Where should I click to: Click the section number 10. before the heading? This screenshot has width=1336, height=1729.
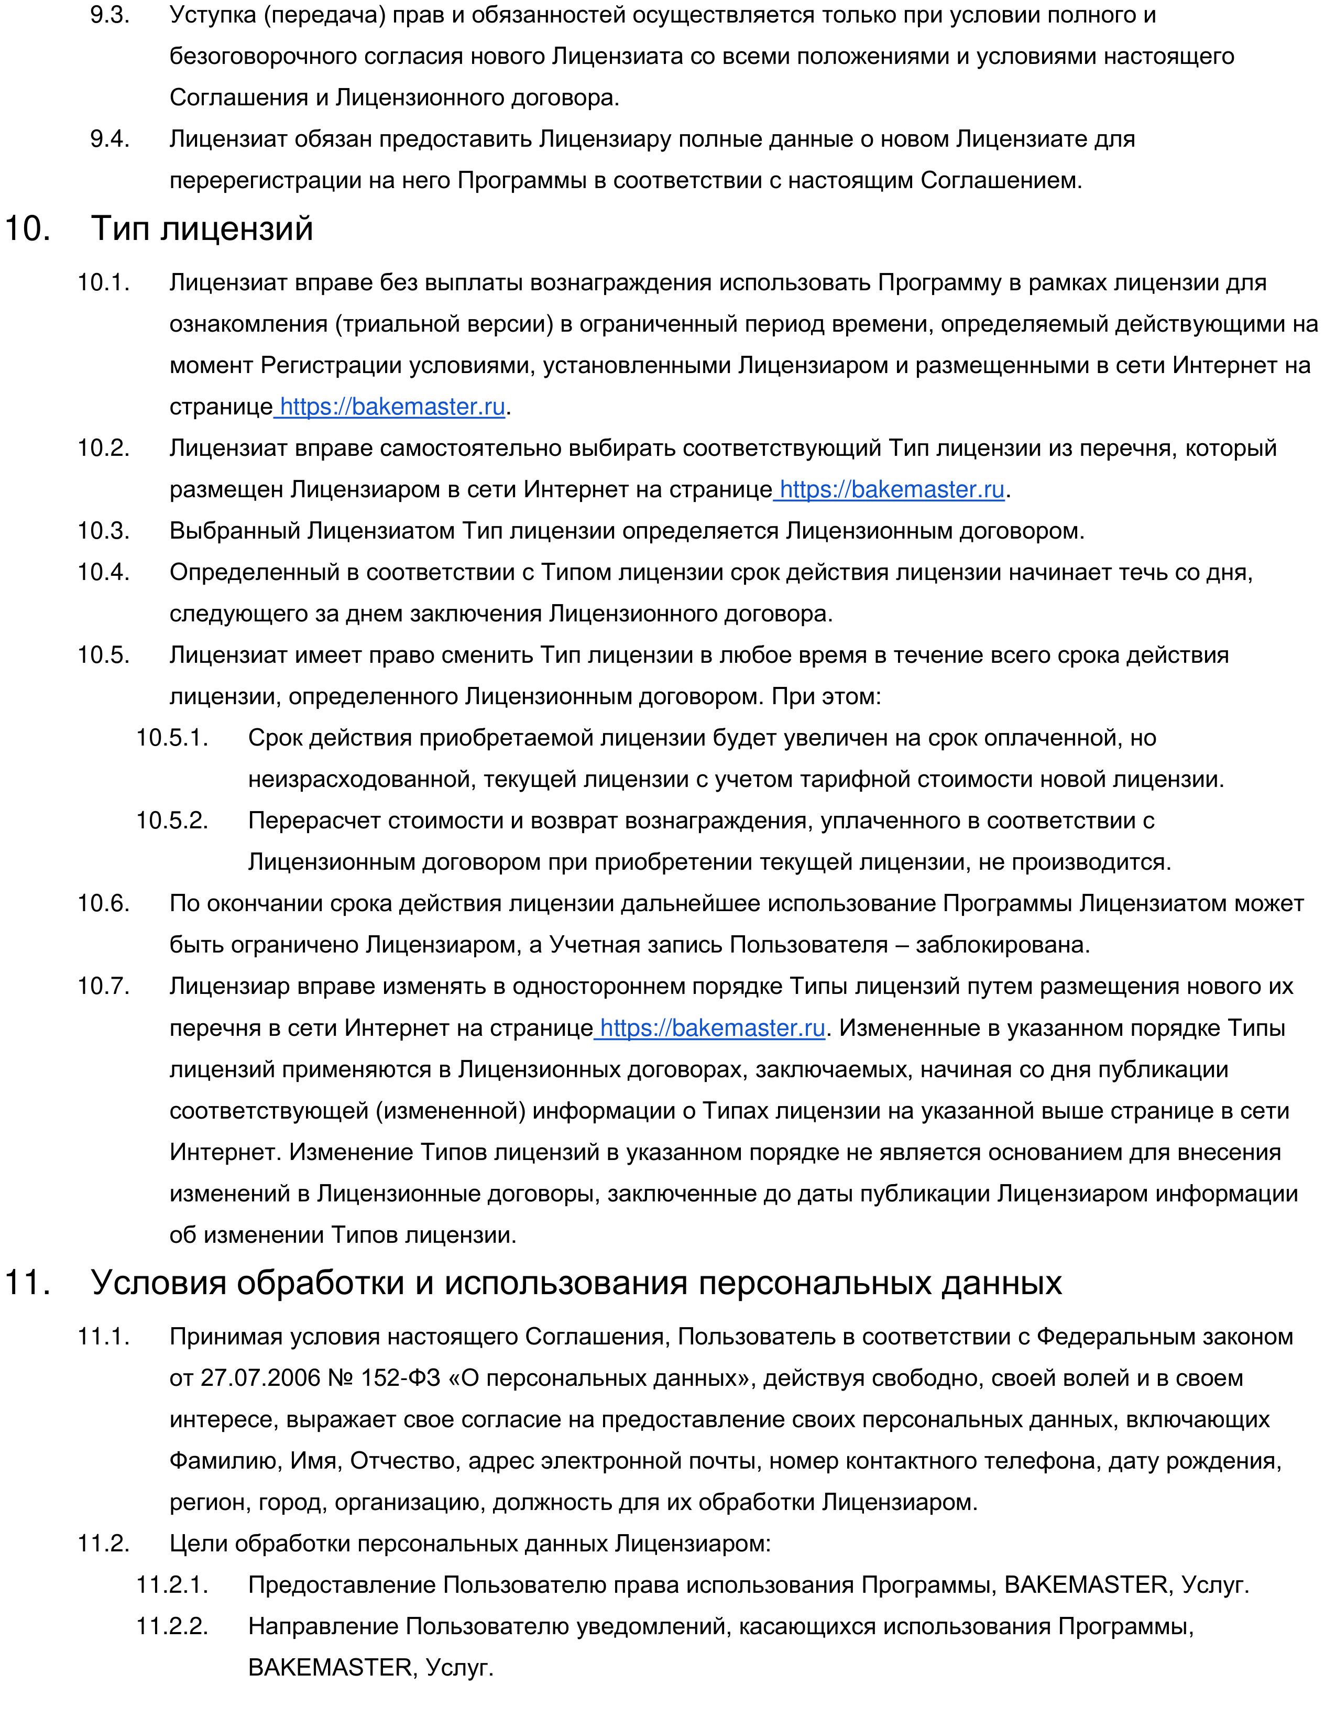point(28,229)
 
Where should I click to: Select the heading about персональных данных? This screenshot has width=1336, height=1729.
point(576,1283)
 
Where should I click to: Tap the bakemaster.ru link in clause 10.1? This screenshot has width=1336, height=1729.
point(392,407)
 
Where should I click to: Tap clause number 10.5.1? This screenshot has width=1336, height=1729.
point(172,738)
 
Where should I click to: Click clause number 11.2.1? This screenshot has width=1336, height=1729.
point(172,1585)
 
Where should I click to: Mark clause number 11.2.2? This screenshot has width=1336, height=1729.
point(172,1627)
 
